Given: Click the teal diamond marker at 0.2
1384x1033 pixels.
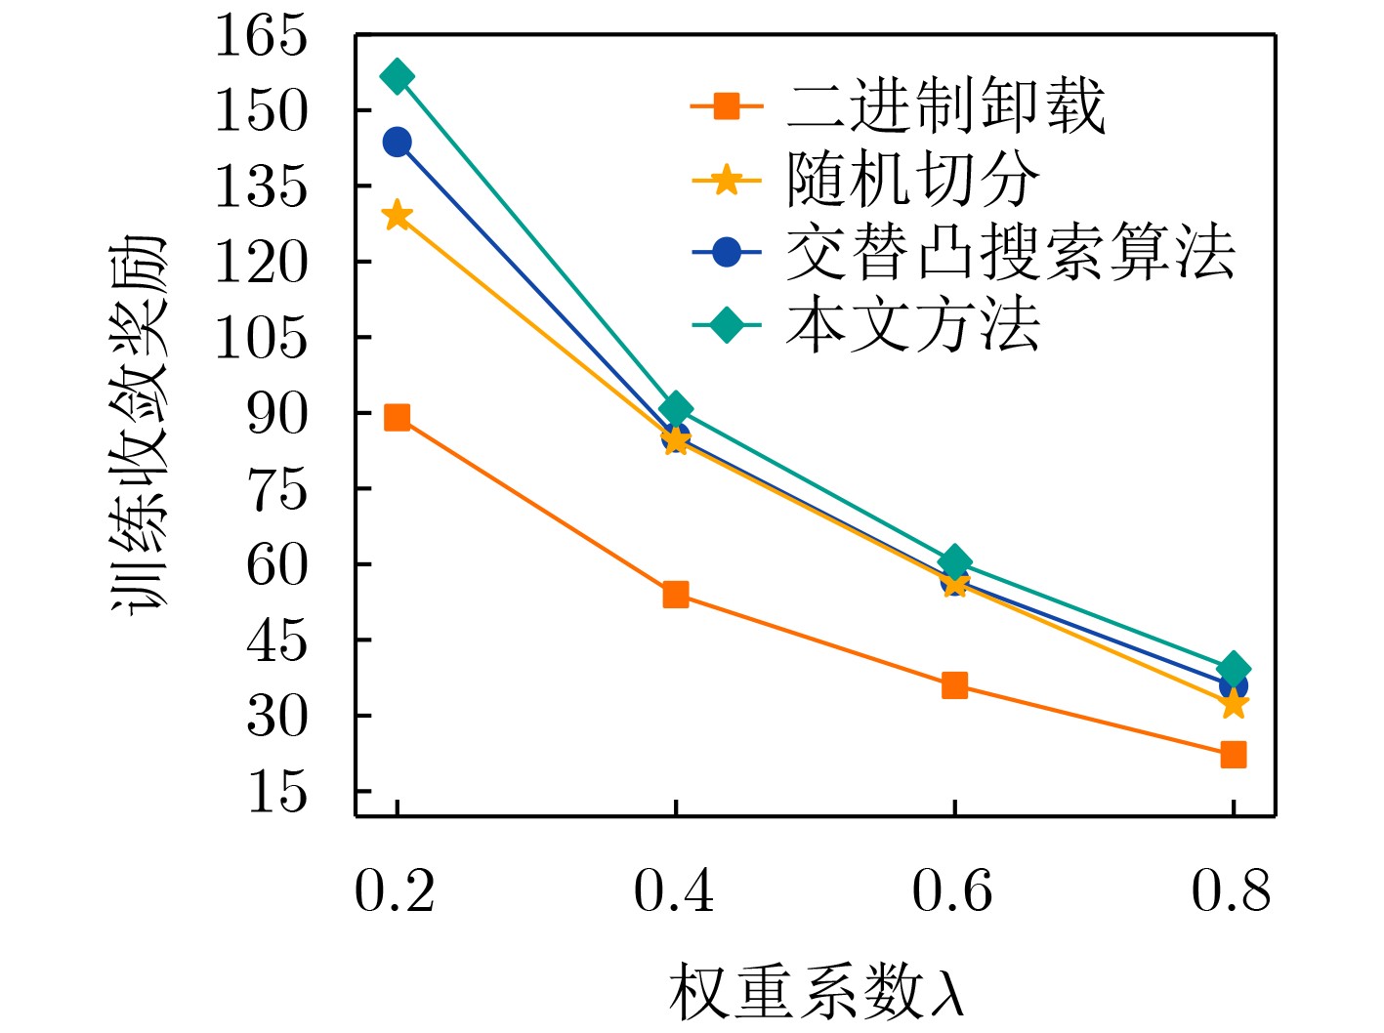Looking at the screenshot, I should tap(397, 77).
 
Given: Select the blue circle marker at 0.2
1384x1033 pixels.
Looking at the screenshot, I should tap(397, 143).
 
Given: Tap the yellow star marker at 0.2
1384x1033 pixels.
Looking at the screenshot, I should tap(397, 216).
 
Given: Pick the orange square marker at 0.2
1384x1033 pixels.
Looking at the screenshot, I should tap(397, 418).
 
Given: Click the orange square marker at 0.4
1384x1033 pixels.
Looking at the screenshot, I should tap(675, 595).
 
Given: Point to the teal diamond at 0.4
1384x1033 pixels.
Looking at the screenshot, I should tap(675, 409).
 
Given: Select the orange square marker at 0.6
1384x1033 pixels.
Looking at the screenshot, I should tap(954, 685).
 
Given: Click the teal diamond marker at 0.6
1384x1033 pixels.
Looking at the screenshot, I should tap(954, 562).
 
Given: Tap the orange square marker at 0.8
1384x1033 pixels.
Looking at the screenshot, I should tap(1233, 754).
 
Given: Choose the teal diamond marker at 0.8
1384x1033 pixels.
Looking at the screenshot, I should tap(1233, 669).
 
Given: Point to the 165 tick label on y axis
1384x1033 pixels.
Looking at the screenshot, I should tap(261, 36).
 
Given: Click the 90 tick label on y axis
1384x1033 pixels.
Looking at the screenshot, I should tap(276, 414).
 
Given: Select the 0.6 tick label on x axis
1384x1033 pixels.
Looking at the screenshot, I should tap(952, 891).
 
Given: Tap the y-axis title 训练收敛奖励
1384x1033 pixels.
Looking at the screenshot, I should tap(139, 425).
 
